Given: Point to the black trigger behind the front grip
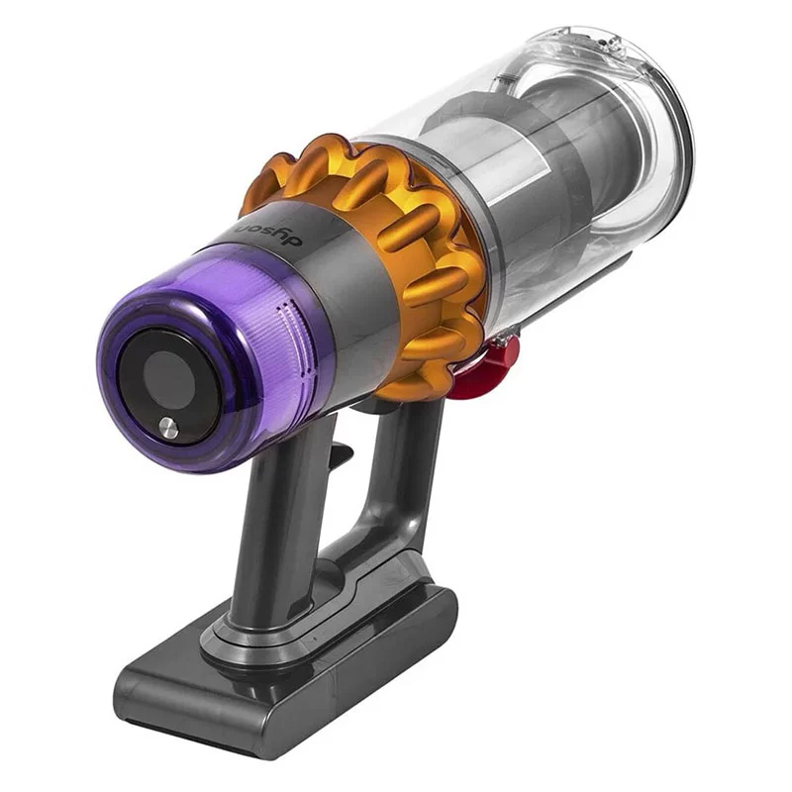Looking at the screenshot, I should click(340, 453).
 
